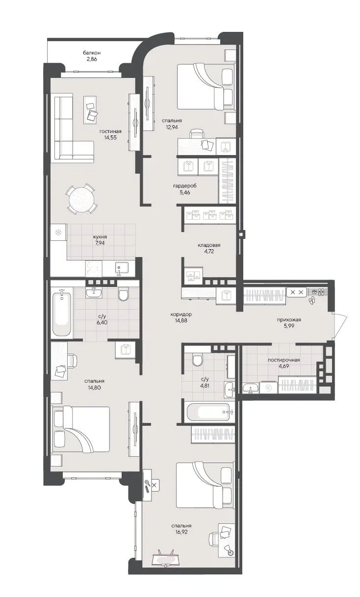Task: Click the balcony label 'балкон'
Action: point(92,53)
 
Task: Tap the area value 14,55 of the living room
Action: point(110,137)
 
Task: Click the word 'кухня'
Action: point(100,236)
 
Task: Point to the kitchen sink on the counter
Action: point(122,268)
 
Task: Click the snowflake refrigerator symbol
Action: point(58,232)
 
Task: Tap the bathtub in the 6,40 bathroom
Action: point(62,314)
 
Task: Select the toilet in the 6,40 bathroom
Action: point(123,294)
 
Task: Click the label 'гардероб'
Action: point(185,186)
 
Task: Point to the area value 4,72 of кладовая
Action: point(209,251)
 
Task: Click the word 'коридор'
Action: point(181,314)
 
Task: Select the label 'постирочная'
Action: point(284,360)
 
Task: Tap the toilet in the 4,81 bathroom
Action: point(197,360)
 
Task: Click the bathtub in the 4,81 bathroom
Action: point(210,412)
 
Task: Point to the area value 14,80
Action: point(94,388)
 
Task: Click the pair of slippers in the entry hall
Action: point(311,300)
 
